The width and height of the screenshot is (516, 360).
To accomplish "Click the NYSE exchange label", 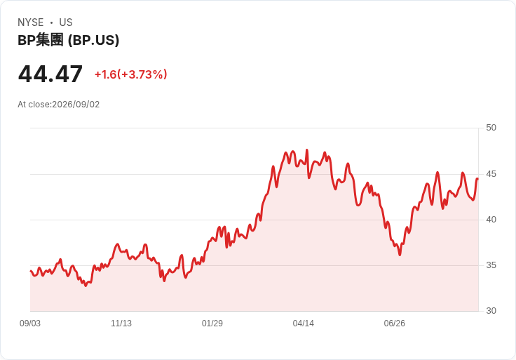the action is (31, 22).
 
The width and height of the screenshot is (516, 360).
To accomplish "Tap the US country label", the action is (66, 22).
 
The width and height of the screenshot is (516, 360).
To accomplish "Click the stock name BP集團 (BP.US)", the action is (69, 40).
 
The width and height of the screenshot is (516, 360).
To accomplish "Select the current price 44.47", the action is (50, 74).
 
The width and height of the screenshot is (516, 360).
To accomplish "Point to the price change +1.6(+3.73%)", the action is (131, 74).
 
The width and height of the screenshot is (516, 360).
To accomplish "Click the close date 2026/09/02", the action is (76, 105).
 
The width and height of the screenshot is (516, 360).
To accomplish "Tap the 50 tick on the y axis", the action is (491, 128).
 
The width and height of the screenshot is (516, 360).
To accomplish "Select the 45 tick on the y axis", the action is (491, 174).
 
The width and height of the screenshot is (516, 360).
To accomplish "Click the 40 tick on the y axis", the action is (491, 220).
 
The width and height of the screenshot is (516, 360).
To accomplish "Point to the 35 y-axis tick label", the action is (491, 265).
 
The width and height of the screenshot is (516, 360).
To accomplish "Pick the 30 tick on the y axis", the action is (491, 311).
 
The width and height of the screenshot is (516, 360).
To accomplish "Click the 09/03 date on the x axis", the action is (30, 324).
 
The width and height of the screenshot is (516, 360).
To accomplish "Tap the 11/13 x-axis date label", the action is (121, 324).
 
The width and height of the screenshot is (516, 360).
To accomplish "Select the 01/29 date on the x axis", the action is (212, 324).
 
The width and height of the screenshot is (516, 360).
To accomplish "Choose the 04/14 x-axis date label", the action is (304, 324).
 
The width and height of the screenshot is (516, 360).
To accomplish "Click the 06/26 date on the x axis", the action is (395, 324).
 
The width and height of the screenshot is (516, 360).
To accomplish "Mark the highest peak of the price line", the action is (307, 150).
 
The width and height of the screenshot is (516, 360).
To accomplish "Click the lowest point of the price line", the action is (86, 286).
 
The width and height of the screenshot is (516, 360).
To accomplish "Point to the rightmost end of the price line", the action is (477, 179).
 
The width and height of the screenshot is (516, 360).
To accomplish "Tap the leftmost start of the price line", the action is (31, 271).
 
